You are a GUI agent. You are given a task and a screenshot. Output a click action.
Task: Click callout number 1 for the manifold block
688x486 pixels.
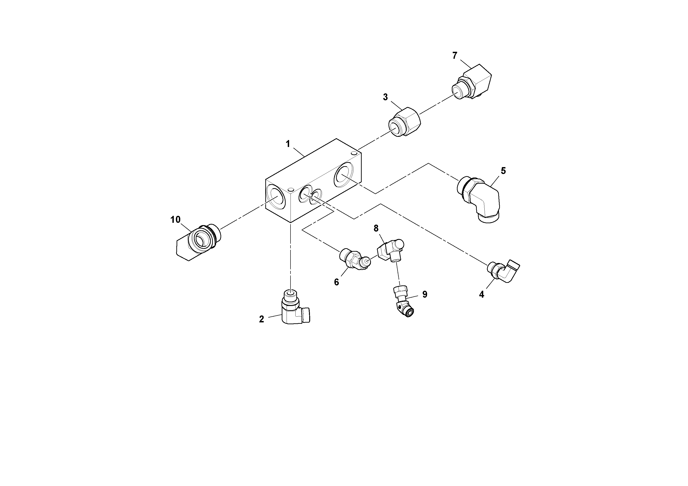coord(288,144)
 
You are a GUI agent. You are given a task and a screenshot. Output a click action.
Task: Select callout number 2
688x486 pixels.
coord(262,319)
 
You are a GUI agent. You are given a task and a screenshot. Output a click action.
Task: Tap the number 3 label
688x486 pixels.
coord(385,97)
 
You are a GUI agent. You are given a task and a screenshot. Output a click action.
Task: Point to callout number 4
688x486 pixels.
coord(482,295)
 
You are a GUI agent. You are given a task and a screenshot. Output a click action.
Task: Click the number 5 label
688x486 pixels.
coord(503,171)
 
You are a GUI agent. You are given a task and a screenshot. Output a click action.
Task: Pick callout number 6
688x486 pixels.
coord(336,282)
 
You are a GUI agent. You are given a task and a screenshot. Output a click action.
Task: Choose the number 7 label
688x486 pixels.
coord(455,55)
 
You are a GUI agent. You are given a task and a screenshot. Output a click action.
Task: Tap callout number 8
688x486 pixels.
coord(376,229)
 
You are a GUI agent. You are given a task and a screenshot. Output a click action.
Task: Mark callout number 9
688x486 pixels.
coord(425,294)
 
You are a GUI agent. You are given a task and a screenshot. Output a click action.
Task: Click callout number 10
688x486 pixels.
coord(176,220)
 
